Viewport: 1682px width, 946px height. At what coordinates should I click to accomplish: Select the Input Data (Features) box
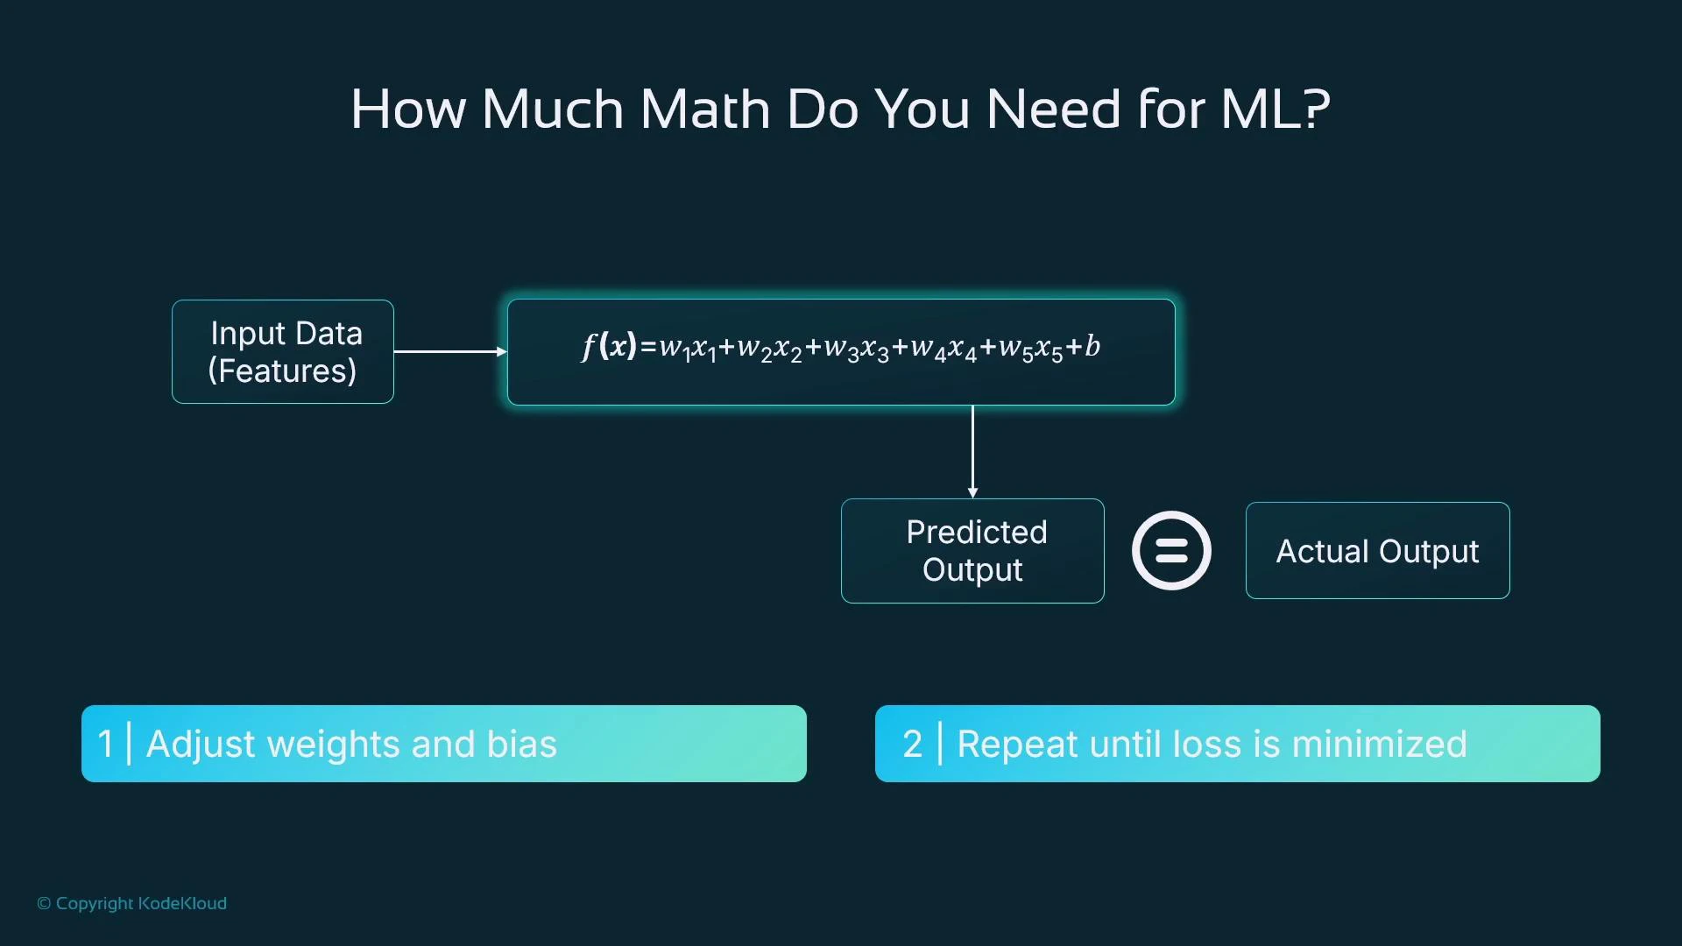point(283,351)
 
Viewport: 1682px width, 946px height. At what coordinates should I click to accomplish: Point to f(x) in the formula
point(608,346)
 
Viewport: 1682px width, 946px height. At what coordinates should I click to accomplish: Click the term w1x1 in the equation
point(688,348)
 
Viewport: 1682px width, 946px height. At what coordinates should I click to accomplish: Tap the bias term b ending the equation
point(1092,346)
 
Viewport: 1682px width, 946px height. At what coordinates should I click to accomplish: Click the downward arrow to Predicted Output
point(972,451)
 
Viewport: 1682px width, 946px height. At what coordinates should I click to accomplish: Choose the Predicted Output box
point(972,551)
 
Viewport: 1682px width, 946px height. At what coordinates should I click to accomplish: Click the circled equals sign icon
point(1171,551)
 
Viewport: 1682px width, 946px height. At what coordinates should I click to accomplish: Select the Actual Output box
point(1377,551)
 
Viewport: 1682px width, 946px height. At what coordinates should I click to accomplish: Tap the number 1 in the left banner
point(106,744)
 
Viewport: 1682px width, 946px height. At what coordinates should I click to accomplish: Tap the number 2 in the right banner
point(912,744)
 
